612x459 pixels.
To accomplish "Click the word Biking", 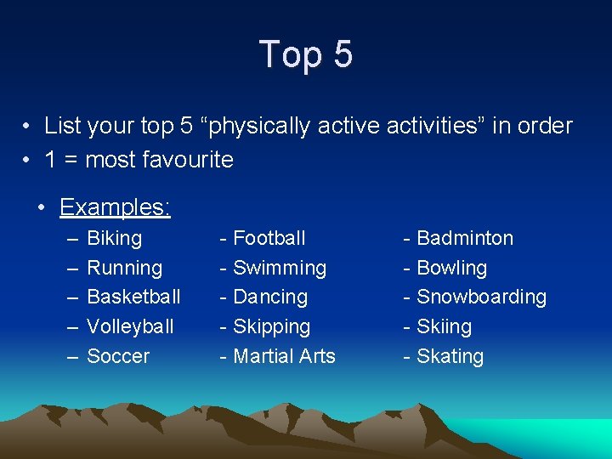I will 115,239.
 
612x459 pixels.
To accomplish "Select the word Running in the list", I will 124,269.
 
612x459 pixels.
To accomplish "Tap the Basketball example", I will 133,297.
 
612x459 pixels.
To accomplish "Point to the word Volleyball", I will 130,327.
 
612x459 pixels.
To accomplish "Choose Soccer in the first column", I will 118,357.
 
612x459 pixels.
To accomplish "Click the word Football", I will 269,239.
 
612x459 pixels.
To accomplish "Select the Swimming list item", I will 279,269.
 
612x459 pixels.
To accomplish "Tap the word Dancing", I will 269,297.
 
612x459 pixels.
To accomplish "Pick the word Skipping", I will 271,327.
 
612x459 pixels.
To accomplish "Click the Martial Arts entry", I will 284,357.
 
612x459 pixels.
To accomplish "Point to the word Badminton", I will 465,239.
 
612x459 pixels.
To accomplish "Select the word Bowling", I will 451,269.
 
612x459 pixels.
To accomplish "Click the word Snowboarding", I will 481,297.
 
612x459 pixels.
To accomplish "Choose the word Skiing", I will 444,327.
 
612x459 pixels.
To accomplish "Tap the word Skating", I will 450,357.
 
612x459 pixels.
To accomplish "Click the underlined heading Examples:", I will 115,207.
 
